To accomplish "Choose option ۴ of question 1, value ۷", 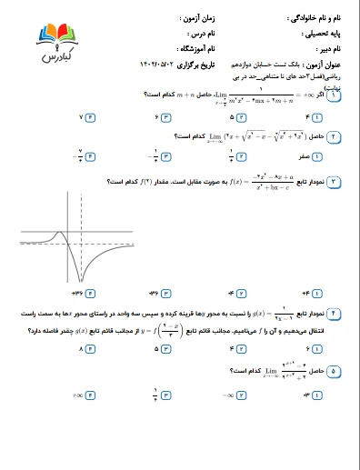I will click(x=86, y=117).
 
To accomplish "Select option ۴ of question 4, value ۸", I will click(x=86, y=348).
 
